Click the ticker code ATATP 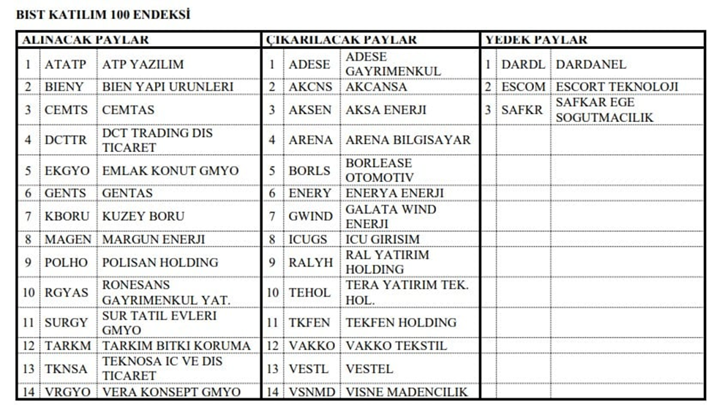[65, 64]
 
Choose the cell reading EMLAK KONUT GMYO [170, 170]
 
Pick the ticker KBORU [66, 216]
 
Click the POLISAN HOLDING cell [160, 262]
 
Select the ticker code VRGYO [67, 392]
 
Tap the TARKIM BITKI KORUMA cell [176, 346]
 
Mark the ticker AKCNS [310, 87]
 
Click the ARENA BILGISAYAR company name [408, 140]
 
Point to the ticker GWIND [310, 216]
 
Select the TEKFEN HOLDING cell [401, 322]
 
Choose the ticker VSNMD [311, 392]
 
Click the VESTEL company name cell [369, 369]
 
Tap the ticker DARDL [523, 64]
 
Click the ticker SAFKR [522, 110]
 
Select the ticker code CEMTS [66, 110]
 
